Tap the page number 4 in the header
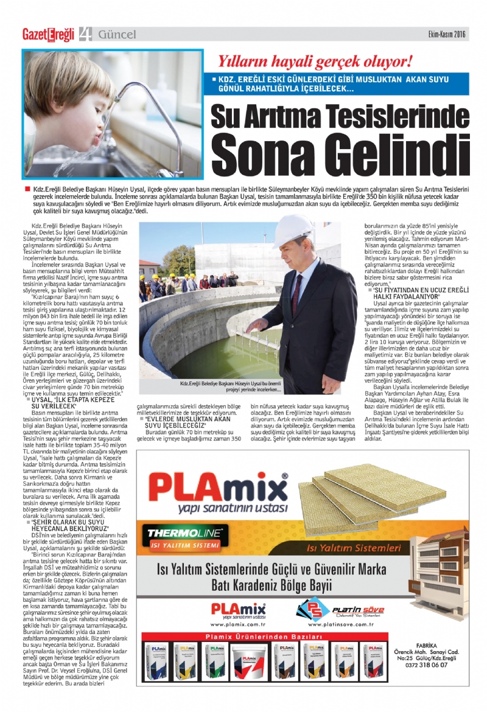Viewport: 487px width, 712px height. [85, 35]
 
